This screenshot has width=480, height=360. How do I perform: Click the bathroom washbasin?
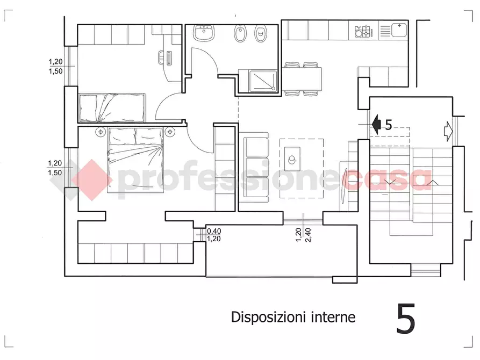(204, 33)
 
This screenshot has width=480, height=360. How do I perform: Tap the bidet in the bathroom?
(240, 34)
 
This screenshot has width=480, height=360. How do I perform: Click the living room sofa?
(254, 169)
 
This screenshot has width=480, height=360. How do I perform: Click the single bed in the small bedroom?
(112, 107)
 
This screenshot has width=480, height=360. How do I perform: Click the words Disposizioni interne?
(293, 317)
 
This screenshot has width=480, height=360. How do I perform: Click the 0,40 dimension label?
(214, 231)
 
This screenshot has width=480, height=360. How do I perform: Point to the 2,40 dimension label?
(308, 235)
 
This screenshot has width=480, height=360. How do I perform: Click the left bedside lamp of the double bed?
(101, 131)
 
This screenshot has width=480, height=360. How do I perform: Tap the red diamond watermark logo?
(91, 179)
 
